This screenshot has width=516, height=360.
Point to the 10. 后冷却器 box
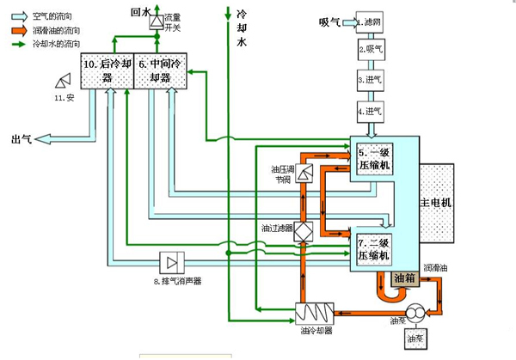pyautogui.click(x=106, y=71)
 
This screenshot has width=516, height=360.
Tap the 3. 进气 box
pyautogui.click(x=372, y=80)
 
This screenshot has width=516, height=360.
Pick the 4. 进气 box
pyautogui.click(x=372, y=111)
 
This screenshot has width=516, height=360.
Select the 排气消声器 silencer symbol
pyautogui.click(x=174, y=260)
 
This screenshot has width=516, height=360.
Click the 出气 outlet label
pyautogui.click(x=20, y=138)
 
